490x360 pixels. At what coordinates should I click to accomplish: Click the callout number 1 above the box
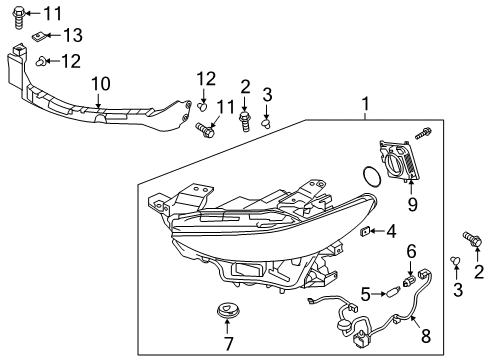click(x=366, y=103)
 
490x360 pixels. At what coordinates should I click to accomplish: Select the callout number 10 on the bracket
click(x=101, y=84)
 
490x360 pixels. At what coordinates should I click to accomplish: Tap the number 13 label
click(x=73, y=35)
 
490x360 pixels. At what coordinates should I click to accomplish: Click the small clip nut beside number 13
click(x=39, y=36)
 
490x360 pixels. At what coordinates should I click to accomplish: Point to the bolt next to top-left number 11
click(x=19, y=18)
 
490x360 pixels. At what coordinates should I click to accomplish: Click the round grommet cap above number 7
click(x=227, y=311)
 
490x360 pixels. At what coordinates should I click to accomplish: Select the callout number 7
click(x=229, y=344)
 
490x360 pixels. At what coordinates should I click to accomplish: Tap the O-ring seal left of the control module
click(x=371, y=176)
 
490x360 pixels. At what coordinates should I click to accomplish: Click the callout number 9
click(x=413, y=204)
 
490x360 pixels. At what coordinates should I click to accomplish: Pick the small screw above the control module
click(x=423, y=133)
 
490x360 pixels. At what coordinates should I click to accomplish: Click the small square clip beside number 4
click(x=365, y=230)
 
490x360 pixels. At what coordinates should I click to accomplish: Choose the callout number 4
click(x=391, y=231)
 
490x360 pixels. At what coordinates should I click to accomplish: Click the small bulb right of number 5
click(x=392, y=294)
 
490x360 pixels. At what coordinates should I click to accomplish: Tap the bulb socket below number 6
click(x=408, y=281)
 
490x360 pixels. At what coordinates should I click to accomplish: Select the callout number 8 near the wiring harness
click(x=426, y=336)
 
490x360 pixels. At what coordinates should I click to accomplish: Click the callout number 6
click(x=412, y=251)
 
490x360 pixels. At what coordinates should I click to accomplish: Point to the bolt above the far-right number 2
click(x=472, y=239)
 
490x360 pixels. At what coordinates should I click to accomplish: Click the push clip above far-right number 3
click(x=455, y=261)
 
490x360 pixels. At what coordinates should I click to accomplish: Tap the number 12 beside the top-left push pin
click(x=71, y=61)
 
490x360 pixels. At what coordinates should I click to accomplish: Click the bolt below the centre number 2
click(x=245, y=122)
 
